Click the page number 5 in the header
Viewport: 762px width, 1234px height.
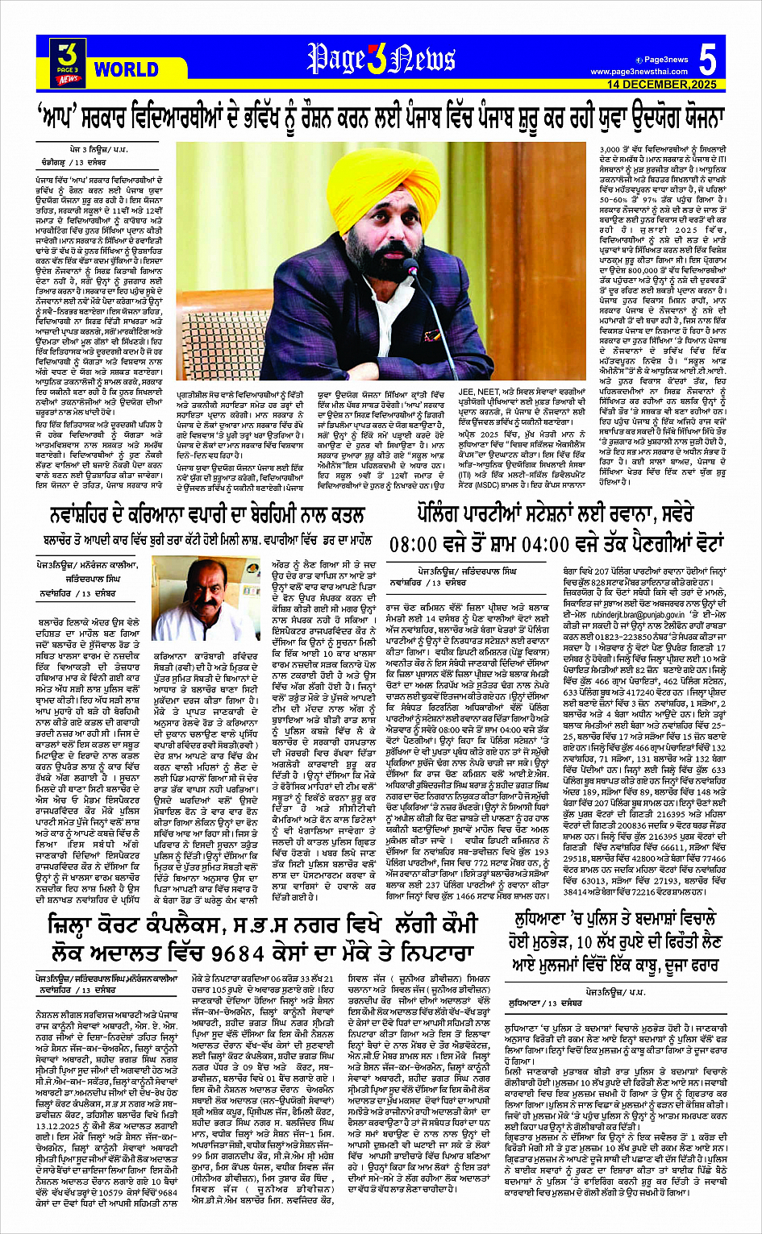pyautogui.click(x=707, y=60)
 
